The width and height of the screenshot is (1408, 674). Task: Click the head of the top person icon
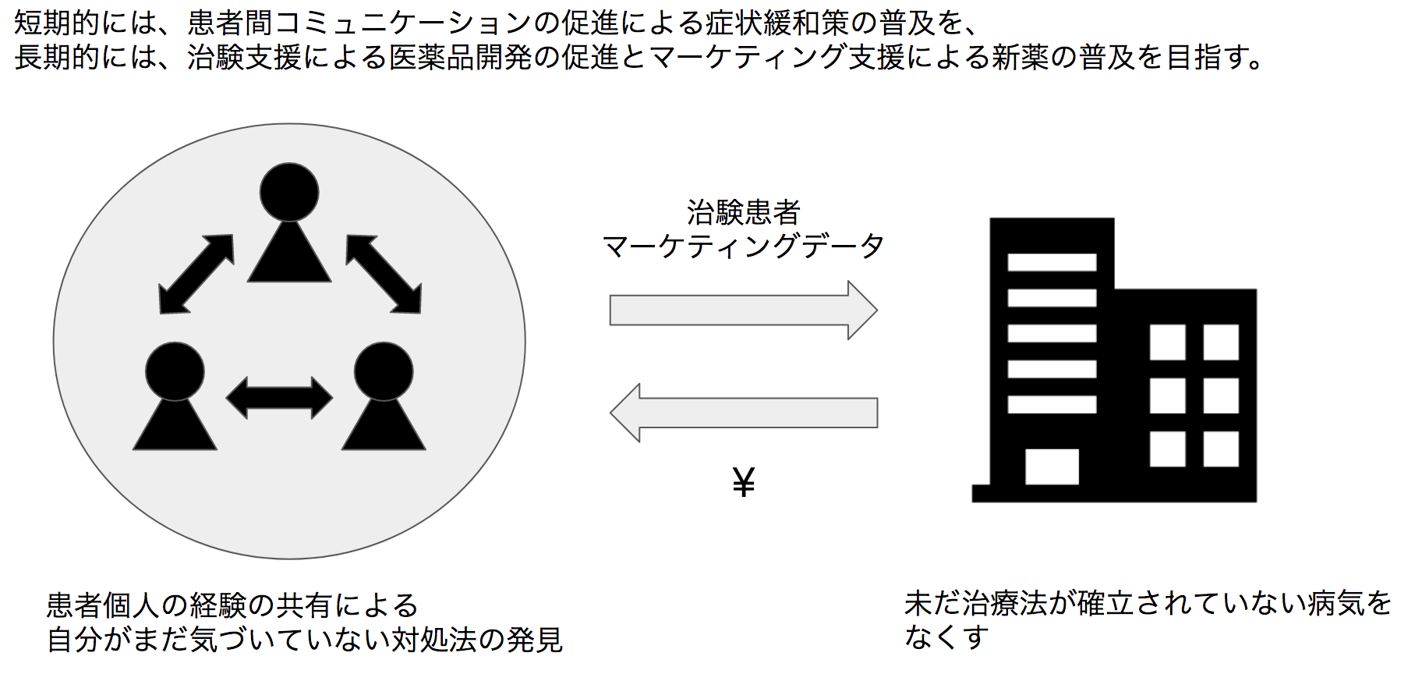pos(289,192)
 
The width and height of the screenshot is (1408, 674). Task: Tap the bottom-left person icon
pos(175,398)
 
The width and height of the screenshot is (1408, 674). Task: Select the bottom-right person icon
pos(384,398)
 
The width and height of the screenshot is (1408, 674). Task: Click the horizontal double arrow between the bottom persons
pos(279,398)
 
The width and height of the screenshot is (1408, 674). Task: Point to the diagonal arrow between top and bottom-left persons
pos(196,274)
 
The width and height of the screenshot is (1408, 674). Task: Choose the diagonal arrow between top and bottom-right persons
pos(384,274)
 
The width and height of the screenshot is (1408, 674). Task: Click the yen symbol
pos(744,482)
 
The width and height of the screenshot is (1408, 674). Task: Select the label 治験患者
pos(744,212)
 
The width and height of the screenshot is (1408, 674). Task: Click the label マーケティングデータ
pos(743,247)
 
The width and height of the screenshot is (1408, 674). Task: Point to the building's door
pos(1052,466)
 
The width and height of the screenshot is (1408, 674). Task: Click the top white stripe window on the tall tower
pos(1052,262)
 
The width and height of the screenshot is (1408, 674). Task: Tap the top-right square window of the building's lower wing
pos(1221,342)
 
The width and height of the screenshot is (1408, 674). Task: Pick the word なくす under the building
pos(946,637)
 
